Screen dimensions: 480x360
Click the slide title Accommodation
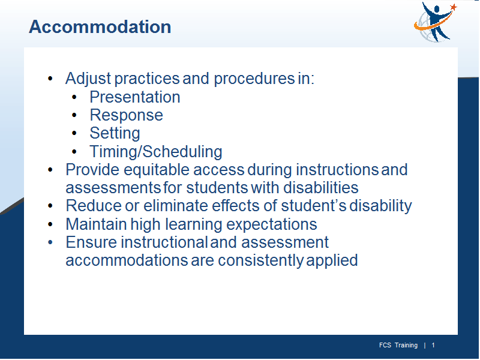point(100,26)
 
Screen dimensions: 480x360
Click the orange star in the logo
point(454,7)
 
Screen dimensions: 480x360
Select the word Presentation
point(134,97)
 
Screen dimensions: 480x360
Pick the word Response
point(126,115)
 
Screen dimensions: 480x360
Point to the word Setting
point(115,133)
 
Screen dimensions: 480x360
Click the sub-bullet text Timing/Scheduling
point(156,152)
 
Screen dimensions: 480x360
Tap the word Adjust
point(88,79)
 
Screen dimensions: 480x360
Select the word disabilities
point(320,188)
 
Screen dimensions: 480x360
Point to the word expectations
point(272,224)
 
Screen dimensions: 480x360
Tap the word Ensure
point(92,242)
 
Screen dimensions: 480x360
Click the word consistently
point(260,260)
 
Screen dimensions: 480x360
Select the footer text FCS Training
point(398,346)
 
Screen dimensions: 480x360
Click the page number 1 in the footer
point(433,346)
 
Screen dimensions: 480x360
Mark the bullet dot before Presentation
point(74,98)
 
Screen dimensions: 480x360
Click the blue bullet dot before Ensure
point(50,242)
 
